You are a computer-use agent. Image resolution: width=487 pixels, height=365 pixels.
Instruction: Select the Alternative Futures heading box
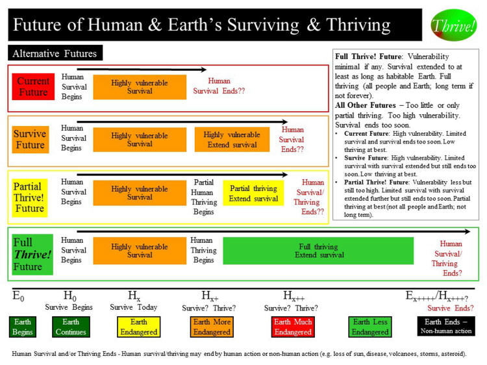tap(55, 54)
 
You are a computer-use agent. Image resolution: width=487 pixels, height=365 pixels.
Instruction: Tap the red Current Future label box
tap(32, 87)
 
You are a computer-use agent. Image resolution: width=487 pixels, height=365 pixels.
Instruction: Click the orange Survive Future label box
tap(30, 140)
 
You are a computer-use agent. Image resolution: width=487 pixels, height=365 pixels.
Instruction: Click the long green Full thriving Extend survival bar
tap(318, 251)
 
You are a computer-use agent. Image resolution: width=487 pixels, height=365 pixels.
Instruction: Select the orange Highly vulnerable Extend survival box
tap(232, 140)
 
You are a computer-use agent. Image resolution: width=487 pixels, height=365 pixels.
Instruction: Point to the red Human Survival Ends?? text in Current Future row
tap(219, 86)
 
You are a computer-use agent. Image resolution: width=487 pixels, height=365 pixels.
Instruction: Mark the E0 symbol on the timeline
tap(19, 296)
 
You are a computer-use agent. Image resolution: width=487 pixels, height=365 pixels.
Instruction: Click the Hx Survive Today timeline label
tap(134, 301)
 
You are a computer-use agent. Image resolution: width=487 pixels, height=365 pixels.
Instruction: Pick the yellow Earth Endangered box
tap(139, 327)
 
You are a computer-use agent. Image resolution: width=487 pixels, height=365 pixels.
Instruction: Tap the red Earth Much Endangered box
tap(293, 327)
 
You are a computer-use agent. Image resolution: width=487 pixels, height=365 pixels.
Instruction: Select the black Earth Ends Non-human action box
tap(445, 327)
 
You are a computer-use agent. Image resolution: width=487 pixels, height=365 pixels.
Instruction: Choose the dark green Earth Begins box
tap(22, 327)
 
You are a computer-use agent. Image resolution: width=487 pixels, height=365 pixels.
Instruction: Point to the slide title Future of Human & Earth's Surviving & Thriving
tap(202, 25)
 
